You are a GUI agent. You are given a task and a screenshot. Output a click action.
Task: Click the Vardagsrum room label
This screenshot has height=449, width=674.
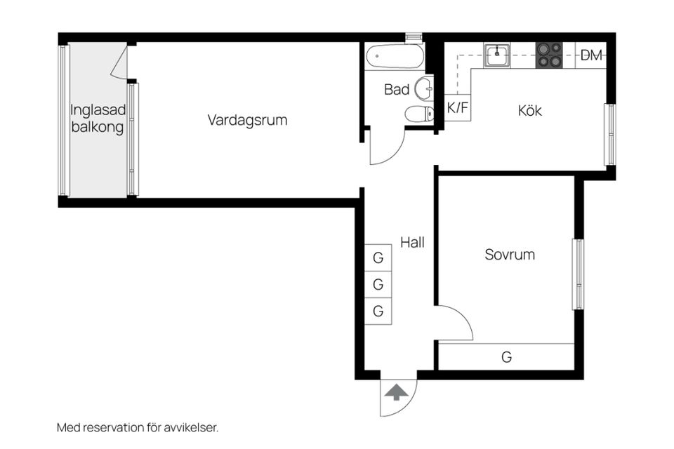coord(247,120)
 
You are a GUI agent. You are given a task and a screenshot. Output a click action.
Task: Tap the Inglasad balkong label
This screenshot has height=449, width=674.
coord(97,119)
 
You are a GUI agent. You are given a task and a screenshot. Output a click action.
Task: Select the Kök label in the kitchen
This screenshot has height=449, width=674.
coord(530,111)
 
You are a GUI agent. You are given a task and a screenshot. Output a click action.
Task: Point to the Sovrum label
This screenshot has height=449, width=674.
coord(509,255)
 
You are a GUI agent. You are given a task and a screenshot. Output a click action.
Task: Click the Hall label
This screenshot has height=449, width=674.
coord(412,243)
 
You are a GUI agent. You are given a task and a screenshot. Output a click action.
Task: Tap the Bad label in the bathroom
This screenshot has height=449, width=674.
coord(397,90)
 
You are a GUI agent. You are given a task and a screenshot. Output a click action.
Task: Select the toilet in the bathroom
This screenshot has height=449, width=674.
coord(418,114)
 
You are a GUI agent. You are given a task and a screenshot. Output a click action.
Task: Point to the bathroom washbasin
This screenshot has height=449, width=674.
coord(423,89)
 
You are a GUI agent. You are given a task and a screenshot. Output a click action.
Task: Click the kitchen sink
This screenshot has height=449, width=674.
coord(497,55)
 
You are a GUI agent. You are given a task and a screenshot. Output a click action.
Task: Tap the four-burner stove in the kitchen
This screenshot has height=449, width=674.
coord(549,55)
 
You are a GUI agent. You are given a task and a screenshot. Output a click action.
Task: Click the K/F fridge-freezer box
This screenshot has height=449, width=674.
coord(457,109)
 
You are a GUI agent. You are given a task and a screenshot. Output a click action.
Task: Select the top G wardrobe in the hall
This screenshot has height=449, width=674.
coord(378,258)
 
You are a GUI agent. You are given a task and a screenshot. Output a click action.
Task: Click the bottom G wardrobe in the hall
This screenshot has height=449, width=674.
coord(378,311)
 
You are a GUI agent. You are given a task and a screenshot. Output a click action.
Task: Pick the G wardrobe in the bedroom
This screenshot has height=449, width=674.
coord(506,357)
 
